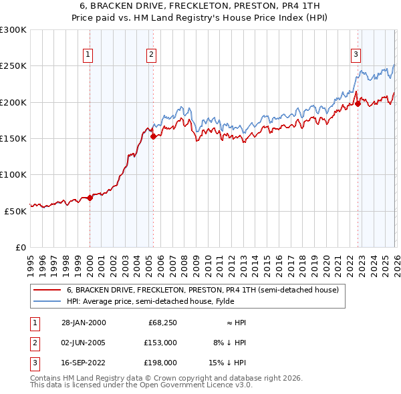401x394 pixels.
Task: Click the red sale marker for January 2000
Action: (x=90, y=198)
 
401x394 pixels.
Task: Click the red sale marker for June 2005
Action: (x=153, y=136)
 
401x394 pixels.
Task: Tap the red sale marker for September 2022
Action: (x=358, y=104)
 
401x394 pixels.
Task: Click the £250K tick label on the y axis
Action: (x=13, y=66)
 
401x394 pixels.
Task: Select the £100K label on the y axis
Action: (x=13, y=174)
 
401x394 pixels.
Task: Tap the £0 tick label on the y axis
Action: (x=20, y=247)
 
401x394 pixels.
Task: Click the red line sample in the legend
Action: (x=47, y=290)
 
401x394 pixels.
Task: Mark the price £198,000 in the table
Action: (x=158, y=363)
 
